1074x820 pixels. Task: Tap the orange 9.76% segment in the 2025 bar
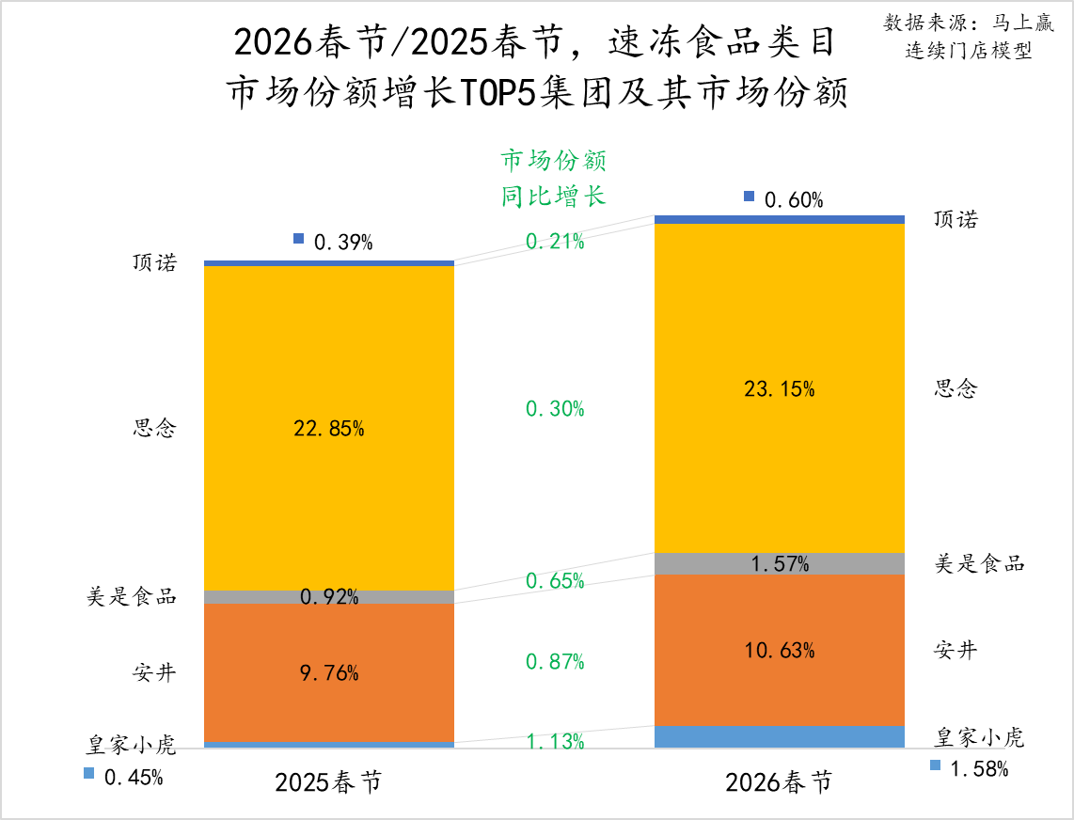[x=329, y=696]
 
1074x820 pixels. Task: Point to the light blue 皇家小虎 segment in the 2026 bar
[x=779, y=737]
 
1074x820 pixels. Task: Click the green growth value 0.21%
[x=555, y=242]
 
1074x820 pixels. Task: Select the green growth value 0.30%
[x=555, y=409]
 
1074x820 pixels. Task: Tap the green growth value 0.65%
[x=555, y=581]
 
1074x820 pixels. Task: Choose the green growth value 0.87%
[x=555, y=662]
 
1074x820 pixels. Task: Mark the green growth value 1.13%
[x=555, y=742]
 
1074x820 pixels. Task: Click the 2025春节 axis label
[x=328, y=783]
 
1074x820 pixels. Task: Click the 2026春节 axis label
[x=779, y=783]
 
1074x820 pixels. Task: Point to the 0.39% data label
[x=342, y=243]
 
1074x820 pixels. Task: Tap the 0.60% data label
[x=794, y=200]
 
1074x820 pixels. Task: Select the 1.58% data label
[x=979, y=770]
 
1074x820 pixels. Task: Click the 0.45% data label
[x=134, y=778]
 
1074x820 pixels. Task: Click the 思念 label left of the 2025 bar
[x=154, y=429]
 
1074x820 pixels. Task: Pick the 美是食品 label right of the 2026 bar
[x=979, y=563]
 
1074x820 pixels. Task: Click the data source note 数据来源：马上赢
[x=969, y=24]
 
